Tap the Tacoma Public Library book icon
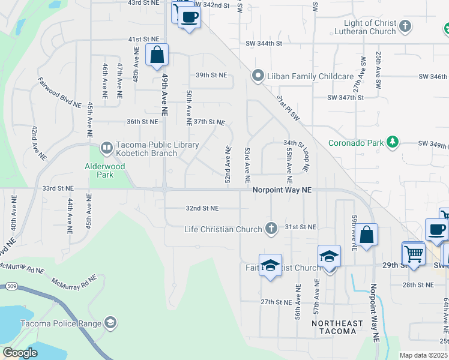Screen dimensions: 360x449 [106, 146]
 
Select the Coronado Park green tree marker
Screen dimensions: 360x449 [393, 142]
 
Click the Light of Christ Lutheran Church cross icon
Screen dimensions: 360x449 [406, 26]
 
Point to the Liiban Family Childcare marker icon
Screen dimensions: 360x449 [258, 76]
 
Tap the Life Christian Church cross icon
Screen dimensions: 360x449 [271, 228]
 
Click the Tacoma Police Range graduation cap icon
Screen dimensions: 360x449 [110, 323]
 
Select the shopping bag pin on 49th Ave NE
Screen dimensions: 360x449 [157, 55]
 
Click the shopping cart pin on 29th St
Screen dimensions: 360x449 [414, 254]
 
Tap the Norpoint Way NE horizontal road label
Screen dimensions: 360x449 [282, 190]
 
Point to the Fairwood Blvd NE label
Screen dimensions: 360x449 [59, 92]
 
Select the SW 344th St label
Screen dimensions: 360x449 [264, 43]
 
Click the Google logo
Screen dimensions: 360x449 [20, 352]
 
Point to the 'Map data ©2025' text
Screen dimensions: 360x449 [423, 355]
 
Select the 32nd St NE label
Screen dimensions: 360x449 [202, 208]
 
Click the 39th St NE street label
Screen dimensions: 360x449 [211, 75]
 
